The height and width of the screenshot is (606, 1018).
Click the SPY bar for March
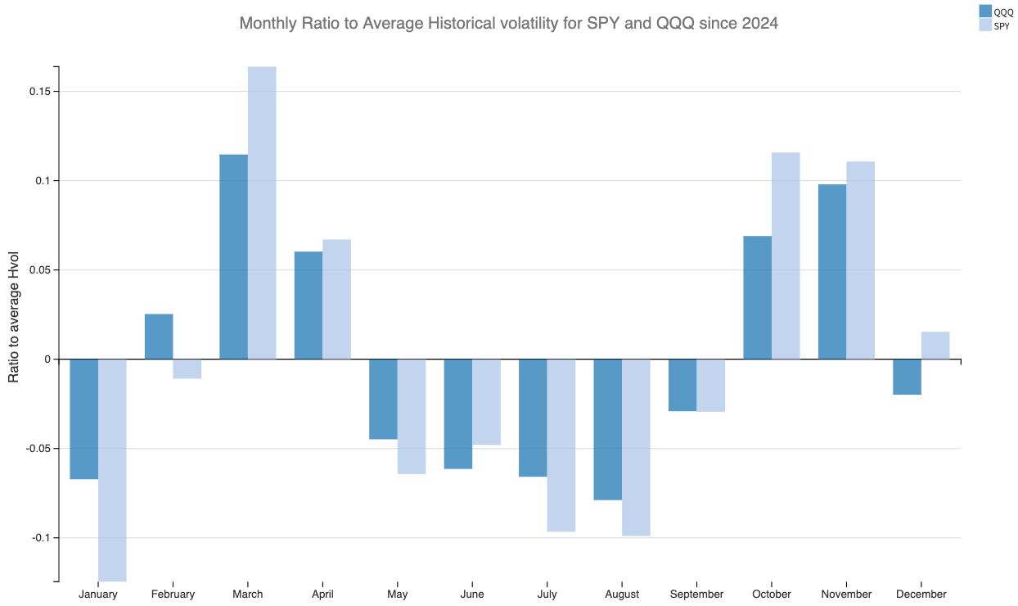pyautogui.click(x=262, y=213)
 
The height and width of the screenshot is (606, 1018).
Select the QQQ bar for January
pyautogui.click(x=83, y=418)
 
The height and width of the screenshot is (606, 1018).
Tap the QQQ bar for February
pyautogui.click(x=159, y=337)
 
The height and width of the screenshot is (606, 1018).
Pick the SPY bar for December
pyautogui.click(x=935, y=346)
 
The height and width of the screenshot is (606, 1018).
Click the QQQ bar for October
pyautogui.click(x=757, y=297)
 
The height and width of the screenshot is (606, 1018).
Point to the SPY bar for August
pyautogui.click(x=636, y=447)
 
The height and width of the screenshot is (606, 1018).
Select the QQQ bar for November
pyautogui.click(x=832, y=272)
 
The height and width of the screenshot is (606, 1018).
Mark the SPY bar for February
pyautogui.click(x=187, y=369)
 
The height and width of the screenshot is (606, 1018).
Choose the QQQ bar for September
pyautogui.click(x=682, y=385)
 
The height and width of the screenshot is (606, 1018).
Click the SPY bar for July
pyautogui.click(x=561, y=445)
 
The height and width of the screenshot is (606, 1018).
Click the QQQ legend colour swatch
pyautogui.click(x=985, y=11)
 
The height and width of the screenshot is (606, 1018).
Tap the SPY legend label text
pyautogui.click(x=1001, y=26)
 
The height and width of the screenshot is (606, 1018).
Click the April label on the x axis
pyautogui.click(x=322, y=595)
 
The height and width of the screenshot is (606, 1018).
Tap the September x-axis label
pyautogui.click(x=696, y=595)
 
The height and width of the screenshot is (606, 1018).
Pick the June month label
pyautogui.click(x=472, y=595)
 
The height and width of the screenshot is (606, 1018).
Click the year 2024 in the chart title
pyautogui.click(x=759, y=24)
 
